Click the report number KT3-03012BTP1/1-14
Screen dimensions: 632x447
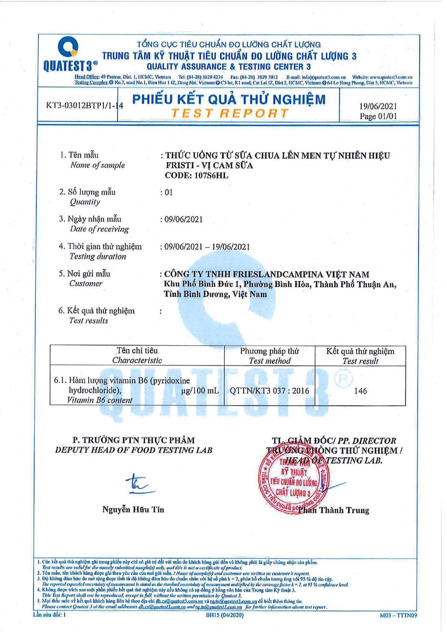[85, 105]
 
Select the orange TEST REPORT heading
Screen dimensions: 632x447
[230, 113]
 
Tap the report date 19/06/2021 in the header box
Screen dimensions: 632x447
[378, 106]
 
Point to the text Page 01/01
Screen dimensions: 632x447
[378, 116]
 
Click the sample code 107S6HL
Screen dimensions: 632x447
[211, 175]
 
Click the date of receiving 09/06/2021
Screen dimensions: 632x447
[183, 220]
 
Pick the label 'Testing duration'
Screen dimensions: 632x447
[98, 257]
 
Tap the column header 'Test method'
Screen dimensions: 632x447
[269, 361]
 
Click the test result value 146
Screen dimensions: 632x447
[360, 391]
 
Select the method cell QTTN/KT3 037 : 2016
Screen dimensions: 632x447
[269, 391]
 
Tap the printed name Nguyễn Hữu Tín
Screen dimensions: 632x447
[133, 510]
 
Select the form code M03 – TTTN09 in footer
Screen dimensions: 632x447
[398, 615]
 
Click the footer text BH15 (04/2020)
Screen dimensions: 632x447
[225, 615]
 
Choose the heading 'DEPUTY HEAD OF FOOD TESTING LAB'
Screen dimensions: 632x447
[133, 450]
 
